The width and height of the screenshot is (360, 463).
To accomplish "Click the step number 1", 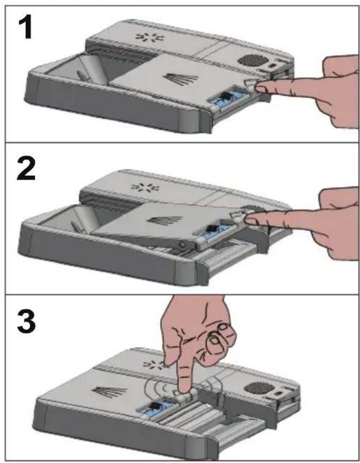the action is pos(25,27).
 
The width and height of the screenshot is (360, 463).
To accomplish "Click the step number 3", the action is pos(26,320).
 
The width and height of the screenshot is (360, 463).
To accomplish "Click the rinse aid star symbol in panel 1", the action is pos(150,37).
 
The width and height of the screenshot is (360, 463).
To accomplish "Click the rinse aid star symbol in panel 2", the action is pos(145,187).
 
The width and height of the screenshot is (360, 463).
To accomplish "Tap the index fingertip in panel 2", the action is pos(251,220).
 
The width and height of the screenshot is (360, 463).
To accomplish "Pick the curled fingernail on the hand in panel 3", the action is pos(214,341).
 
